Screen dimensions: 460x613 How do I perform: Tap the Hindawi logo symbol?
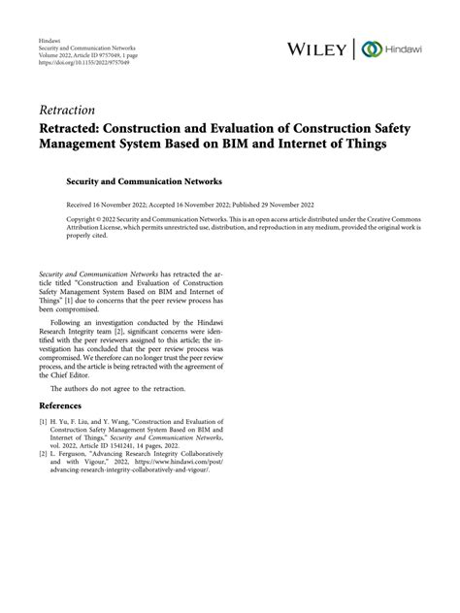369,48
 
